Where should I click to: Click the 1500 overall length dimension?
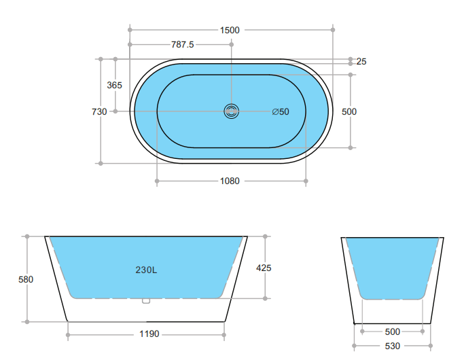230,30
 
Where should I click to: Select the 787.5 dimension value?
182,45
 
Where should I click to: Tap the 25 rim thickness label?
361,62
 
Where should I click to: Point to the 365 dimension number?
115,85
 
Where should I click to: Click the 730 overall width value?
99,111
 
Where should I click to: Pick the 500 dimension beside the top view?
349,111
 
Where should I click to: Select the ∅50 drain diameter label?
280,111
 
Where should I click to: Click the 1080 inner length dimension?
230,181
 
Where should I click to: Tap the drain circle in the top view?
232,111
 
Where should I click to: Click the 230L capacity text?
146,270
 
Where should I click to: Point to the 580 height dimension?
26,279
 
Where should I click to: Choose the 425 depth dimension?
264,268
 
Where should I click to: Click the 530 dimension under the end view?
393,346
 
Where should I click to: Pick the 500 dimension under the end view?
393,331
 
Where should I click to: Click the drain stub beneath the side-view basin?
145,301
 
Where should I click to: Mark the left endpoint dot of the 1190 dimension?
68,334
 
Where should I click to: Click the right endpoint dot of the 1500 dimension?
333,30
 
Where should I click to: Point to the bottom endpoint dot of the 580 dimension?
26,321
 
